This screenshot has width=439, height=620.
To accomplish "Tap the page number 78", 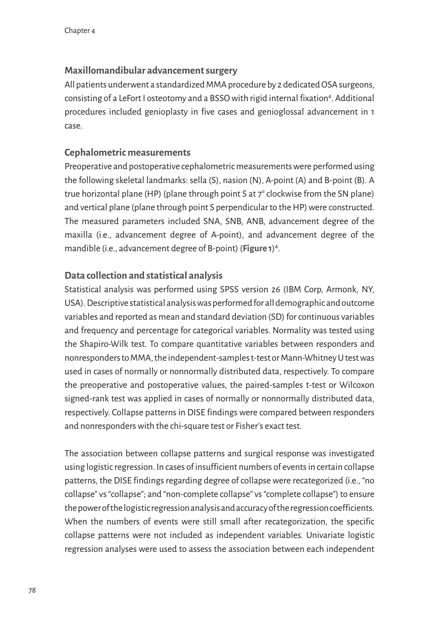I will (x=32, y=591).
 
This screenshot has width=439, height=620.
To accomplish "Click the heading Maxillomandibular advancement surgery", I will (x=151, y=70).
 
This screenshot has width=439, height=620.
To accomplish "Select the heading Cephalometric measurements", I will (x=127, y=152).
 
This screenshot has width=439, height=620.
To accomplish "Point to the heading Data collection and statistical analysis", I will (x=144, y=275).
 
